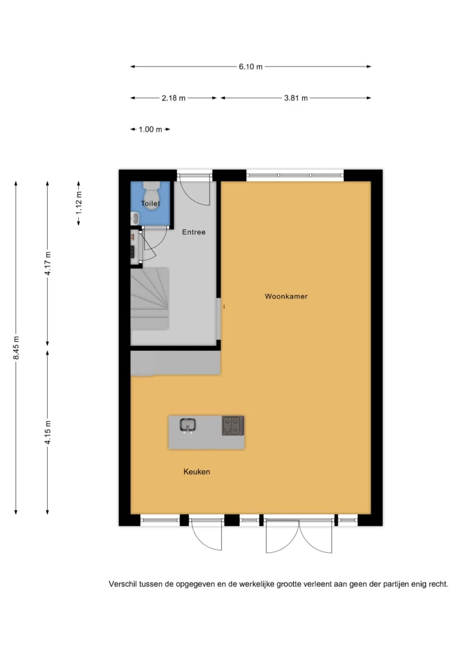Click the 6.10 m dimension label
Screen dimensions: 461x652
(251, 67)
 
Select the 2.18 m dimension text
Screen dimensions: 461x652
(173, 98)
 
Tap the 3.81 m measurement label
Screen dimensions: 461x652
(296, 98)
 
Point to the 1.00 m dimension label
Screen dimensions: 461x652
(150, 129)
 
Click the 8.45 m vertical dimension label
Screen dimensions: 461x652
(16, 348)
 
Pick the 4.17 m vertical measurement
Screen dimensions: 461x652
(48, 263)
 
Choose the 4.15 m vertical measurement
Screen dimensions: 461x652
(48, 432)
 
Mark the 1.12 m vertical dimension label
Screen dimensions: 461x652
(79, 203)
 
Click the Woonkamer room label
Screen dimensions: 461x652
(286, 296)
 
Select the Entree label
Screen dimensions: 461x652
(194, 232)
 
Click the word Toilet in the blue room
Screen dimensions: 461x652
(150, 204)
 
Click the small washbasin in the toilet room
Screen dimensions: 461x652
(135, 218)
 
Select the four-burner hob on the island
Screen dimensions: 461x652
(233, 425)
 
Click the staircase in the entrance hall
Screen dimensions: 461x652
(150, 299)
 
